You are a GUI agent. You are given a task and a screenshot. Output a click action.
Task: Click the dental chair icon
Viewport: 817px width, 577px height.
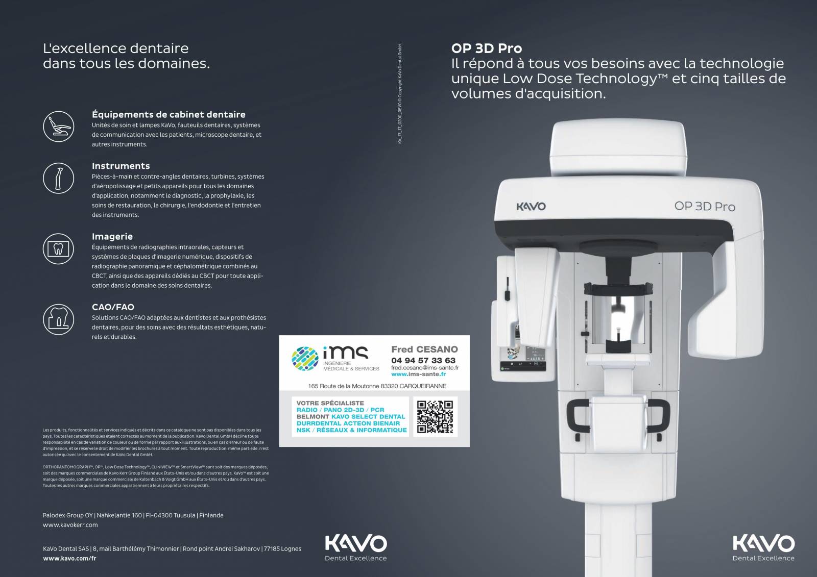(x=58, y=127)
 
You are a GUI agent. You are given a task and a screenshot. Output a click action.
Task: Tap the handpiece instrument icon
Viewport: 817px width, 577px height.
(x=58, y=178)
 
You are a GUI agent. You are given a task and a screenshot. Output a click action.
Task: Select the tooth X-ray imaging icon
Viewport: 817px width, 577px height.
(x=58, y=248)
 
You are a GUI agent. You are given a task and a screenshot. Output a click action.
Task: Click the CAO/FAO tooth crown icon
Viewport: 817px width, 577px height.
(x=58, y=319)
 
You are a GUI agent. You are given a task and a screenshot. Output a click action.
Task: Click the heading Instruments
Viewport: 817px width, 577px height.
(x=121, y=166)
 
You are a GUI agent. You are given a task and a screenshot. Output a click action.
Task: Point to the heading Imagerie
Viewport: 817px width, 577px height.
(x=112, y=237)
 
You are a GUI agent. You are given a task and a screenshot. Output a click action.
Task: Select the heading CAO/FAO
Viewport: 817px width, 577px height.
(x=113, y=307)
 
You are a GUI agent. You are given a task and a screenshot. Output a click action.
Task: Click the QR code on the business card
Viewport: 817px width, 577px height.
(x=435, y=417)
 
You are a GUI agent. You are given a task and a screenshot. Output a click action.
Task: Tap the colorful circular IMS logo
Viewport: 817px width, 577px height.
(x=305, y=359)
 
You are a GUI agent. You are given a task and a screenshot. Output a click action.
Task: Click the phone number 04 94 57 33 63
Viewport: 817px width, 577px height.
(x=423, y=361)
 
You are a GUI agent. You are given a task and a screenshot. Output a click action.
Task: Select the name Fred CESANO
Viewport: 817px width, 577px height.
(x=424, y=349)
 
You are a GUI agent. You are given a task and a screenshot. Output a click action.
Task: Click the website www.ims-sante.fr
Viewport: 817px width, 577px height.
(x=418, y=374)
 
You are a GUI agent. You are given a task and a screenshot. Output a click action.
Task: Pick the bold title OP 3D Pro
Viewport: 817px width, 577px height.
(x=487, y=48)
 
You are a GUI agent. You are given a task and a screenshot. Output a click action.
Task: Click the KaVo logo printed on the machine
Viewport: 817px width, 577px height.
(x=531, y=206)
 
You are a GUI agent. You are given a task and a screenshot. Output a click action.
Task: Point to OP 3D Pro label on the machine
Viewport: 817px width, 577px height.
(x=704, y=206)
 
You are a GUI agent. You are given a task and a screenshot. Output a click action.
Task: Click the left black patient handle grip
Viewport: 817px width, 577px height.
(x=578, y=415)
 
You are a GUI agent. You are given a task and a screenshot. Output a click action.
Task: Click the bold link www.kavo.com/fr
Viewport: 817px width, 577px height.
(x=69, y=558)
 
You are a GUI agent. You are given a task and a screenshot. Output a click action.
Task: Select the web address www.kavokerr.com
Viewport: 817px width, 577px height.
(x=70, y=525)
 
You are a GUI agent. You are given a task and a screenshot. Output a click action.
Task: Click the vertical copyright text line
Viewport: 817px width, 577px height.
(x=400, y=93)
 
